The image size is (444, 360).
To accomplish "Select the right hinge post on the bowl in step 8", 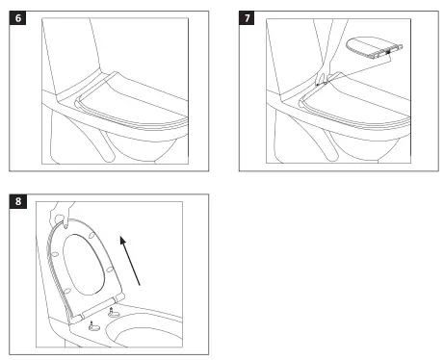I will point(114,313).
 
